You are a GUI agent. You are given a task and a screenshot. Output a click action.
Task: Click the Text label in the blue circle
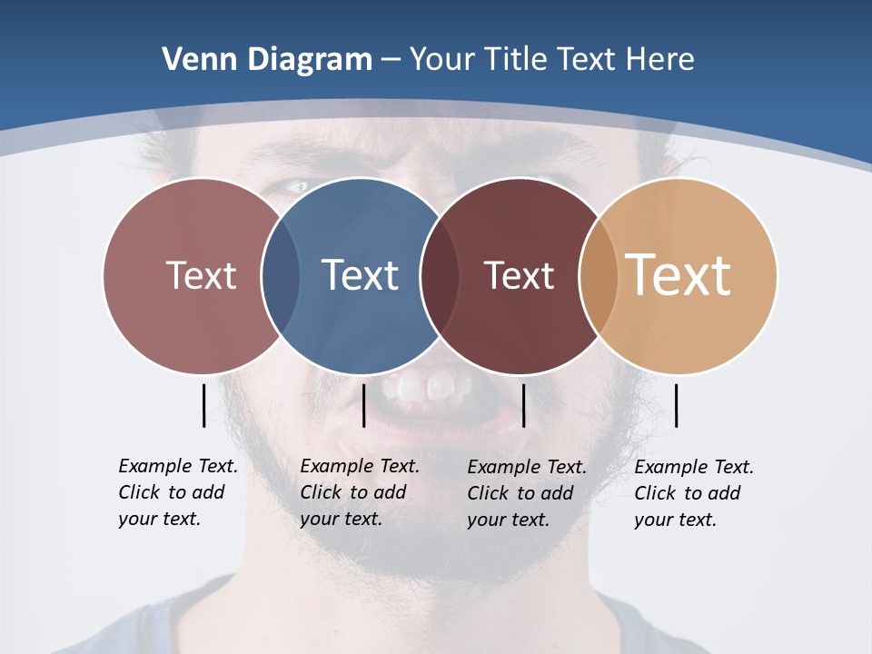[x=361, y=275]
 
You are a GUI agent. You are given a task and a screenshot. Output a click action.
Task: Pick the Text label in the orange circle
[x=679, y=275]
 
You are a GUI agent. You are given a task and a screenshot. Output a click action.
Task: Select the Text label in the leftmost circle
[x=202, y=275]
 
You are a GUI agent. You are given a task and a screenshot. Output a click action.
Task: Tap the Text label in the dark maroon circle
[x=519, y=275]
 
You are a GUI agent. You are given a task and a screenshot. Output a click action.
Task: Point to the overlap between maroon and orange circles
[x=598, y=275]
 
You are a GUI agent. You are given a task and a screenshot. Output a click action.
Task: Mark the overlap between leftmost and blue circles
[x=281, y=275]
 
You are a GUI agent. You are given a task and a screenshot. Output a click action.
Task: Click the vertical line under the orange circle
[x=677, y=405]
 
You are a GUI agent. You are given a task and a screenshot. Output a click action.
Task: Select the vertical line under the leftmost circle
[x=204, y=405]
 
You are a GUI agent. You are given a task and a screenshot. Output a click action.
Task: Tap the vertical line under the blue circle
[x=363, y=405]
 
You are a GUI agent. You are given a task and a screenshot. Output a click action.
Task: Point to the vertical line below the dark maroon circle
[x=524, y=405]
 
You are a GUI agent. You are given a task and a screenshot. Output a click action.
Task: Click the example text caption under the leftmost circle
[x=178, y=492]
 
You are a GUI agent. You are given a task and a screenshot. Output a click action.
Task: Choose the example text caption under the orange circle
[x=694, y=493]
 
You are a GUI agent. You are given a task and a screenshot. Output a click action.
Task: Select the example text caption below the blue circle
[x=360, y=492]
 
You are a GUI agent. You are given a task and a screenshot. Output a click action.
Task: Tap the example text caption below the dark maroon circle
[x=527, y=493]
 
